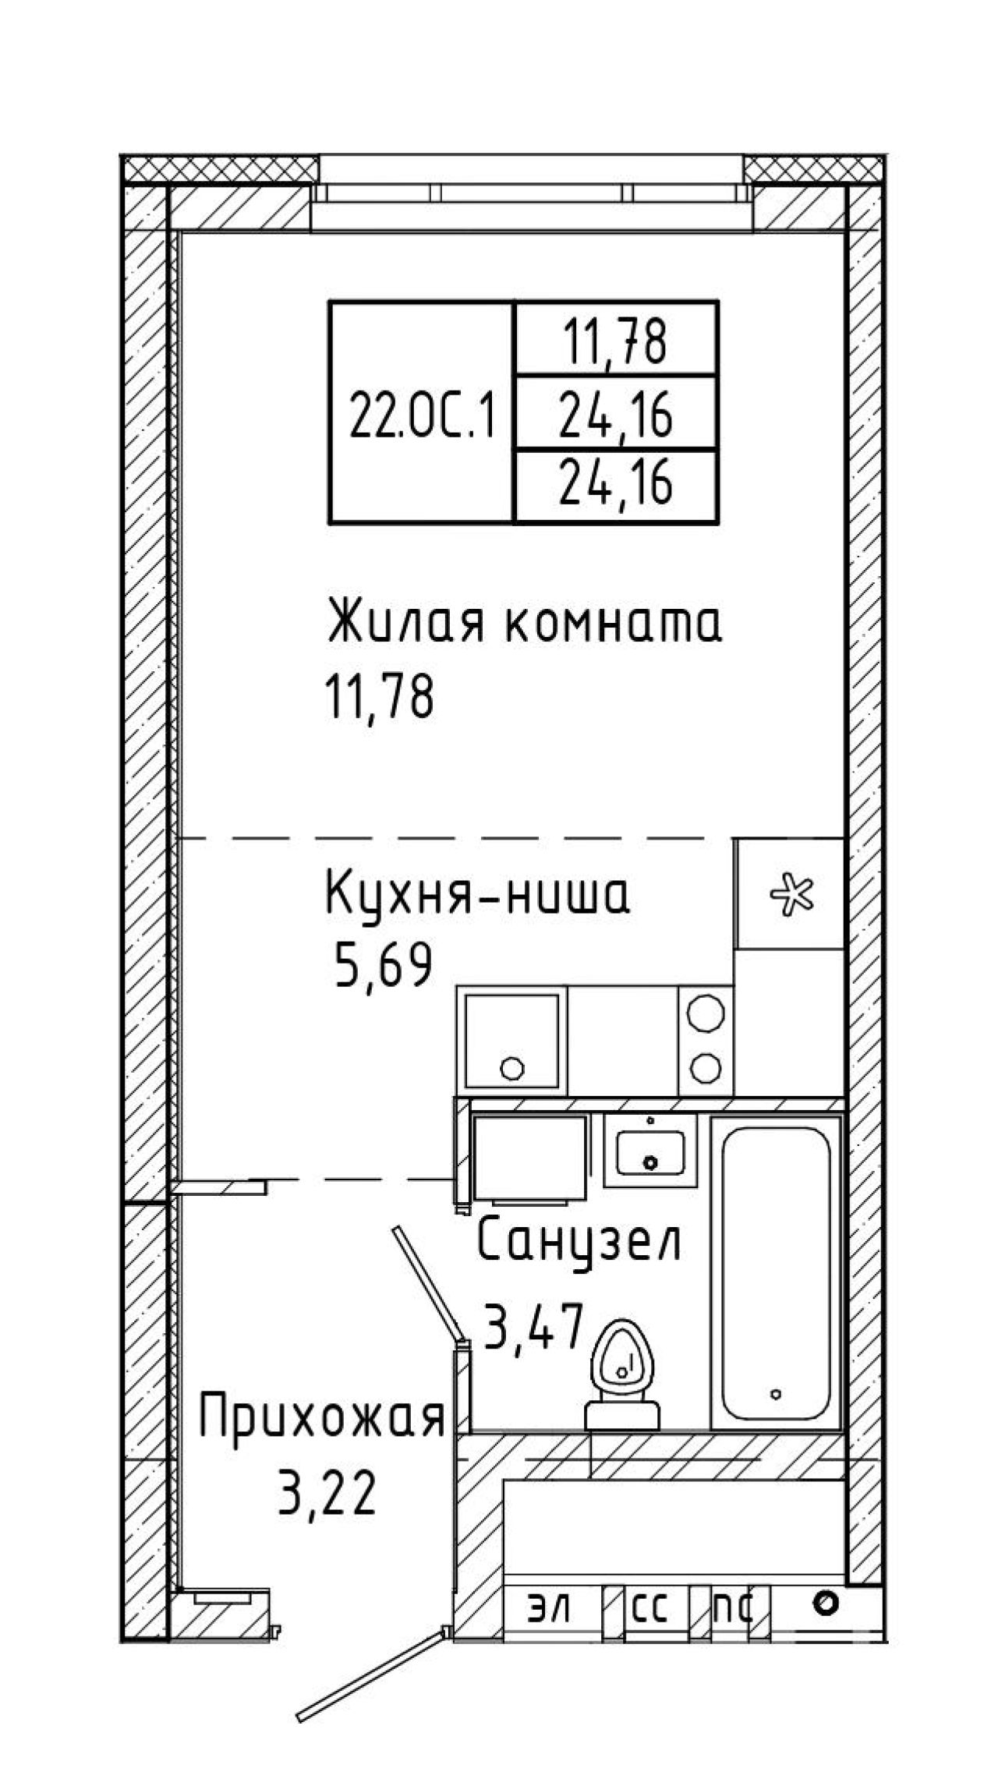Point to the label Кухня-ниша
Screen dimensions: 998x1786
[477, 896]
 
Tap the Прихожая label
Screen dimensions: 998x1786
[322, 1416]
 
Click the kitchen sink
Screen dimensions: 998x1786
[512, 1040]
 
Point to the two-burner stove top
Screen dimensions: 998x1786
[706, 1040]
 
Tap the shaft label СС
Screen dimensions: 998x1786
[649, 1607]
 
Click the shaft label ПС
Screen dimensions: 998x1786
[734, 1607]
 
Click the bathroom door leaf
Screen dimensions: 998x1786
[427, 1285]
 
